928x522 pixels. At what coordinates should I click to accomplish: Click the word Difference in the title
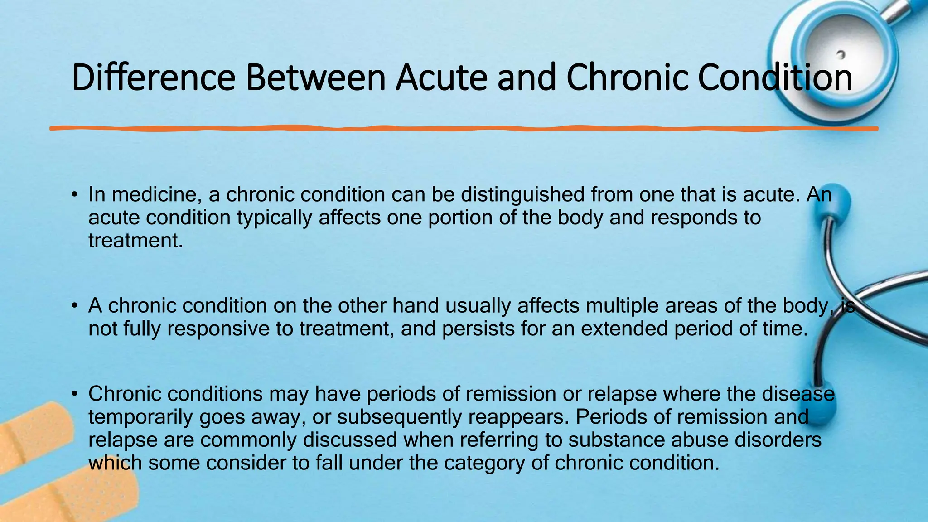[153, 77]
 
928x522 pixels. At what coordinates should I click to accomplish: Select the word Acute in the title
[442, 77]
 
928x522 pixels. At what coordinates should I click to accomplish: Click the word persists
[478, 329]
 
